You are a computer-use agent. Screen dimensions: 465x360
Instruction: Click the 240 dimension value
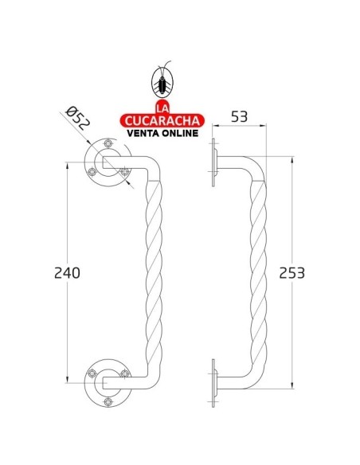pyautogui.click(x=68, y=272)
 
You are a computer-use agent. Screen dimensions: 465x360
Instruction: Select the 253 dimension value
pyautogui.click(x=292, y=272)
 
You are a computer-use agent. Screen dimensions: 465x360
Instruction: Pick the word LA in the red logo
pyautogui.click(x=162, y=107)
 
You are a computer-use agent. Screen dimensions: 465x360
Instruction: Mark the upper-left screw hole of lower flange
pyautogui.click(x=94, y=372)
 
